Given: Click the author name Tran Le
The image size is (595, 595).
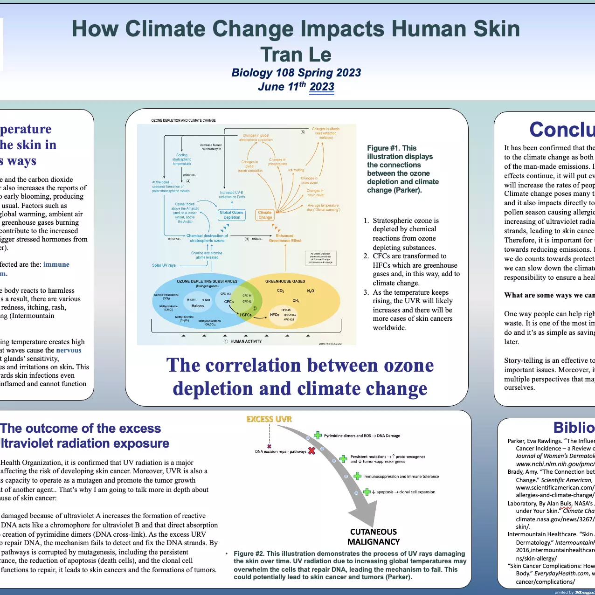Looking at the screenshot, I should [296, 55].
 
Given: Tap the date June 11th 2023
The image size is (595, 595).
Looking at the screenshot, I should [296, 87].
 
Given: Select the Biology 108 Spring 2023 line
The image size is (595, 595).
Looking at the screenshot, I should [296, 73].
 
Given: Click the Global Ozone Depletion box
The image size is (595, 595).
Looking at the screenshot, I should [232, 215].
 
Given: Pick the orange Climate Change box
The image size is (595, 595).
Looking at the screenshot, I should [265, 215].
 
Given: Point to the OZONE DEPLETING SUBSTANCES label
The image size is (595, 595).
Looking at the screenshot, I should [207, 281].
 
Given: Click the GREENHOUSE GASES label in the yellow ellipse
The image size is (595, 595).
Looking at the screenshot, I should [285, 281].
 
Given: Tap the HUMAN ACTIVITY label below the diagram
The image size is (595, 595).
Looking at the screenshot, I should [246, 341].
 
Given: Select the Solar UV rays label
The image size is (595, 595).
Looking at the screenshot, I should [164, 265].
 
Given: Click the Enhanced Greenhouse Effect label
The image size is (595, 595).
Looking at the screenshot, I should [285, 238].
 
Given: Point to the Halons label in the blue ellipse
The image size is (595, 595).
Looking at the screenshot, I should [198, 306].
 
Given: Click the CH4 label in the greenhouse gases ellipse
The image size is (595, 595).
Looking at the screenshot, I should [296, 301].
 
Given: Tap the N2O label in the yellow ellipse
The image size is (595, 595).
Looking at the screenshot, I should [311, 291].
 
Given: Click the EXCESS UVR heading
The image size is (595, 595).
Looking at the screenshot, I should [269, 419].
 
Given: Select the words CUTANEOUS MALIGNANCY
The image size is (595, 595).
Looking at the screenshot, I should [374, 537].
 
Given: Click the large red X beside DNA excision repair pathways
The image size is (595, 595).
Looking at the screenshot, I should [311, 450].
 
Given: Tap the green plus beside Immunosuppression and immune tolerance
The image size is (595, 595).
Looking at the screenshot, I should [357, 476].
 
